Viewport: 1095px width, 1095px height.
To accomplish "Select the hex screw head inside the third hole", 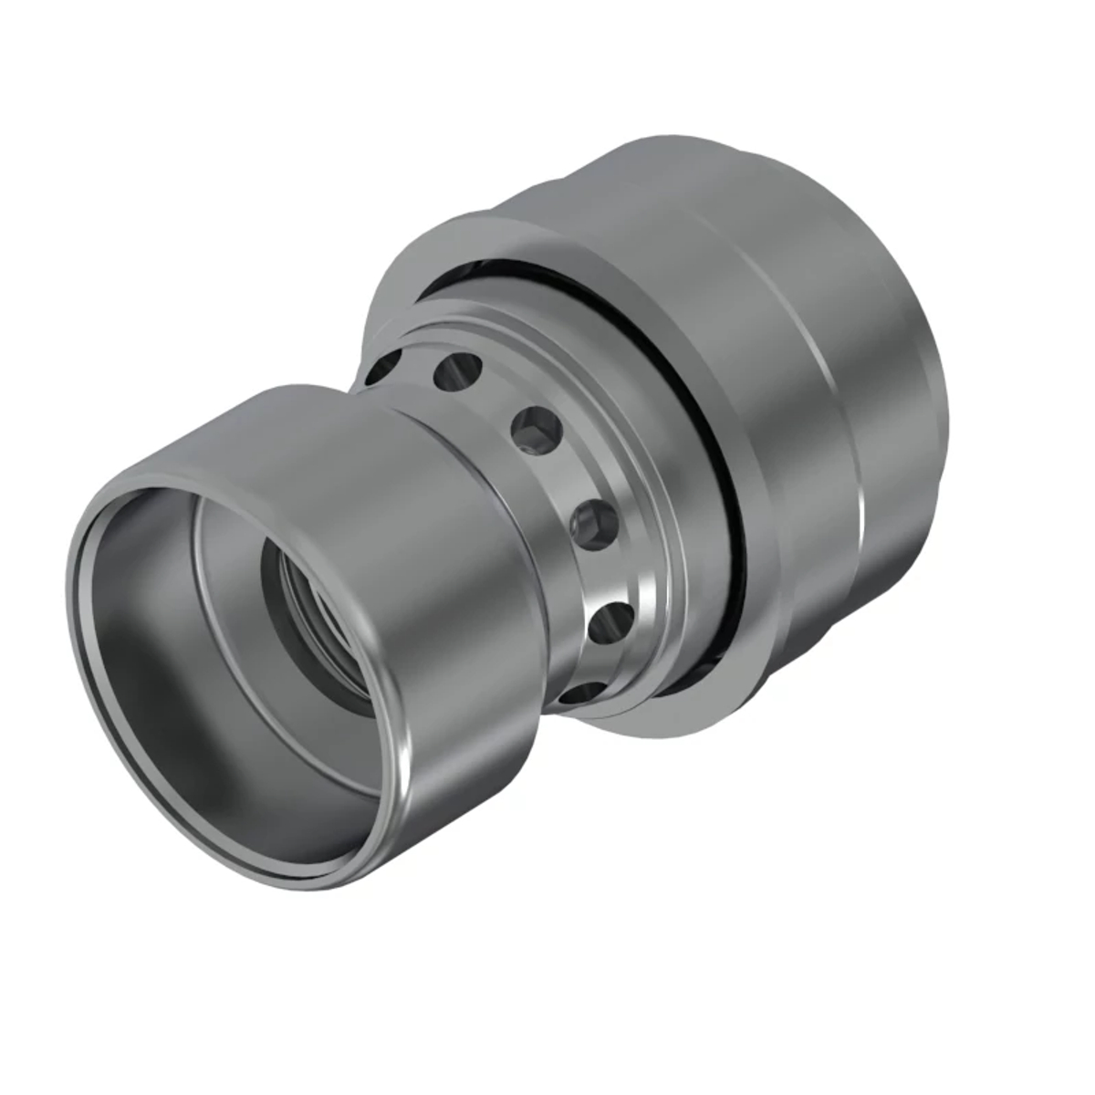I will point(530,432).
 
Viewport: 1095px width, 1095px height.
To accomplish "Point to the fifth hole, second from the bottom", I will point(611,624).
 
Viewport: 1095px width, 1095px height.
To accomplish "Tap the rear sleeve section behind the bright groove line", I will point(894,411).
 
